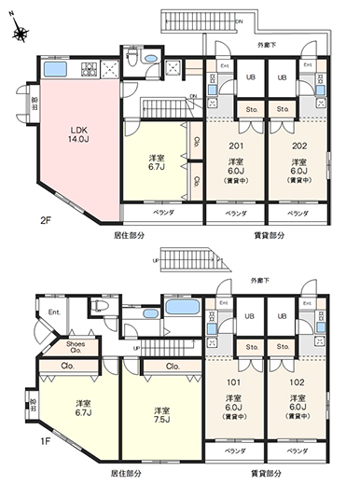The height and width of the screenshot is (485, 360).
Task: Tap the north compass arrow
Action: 20,34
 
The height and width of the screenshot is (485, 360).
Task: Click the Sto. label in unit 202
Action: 283,109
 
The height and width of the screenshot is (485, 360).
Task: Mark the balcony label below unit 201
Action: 235,214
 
